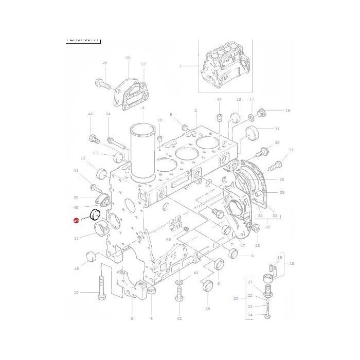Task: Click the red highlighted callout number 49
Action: point(76,221)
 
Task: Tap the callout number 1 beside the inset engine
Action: point(181,66)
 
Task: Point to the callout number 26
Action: point(128,58)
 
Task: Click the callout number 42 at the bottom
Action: point(179,319)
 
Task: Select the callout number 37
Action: point(291,150)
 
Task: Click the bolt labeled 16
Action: point(263,111)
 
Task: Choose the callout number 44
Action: point(219,99)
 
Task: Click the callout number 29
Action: point(207,309)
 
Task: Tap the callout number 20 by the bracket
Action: point(236,298)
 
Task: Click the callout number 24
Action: point(250,315)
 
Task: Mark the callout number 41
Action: point(76,171)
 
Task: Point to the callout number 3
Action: point(132,319)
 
